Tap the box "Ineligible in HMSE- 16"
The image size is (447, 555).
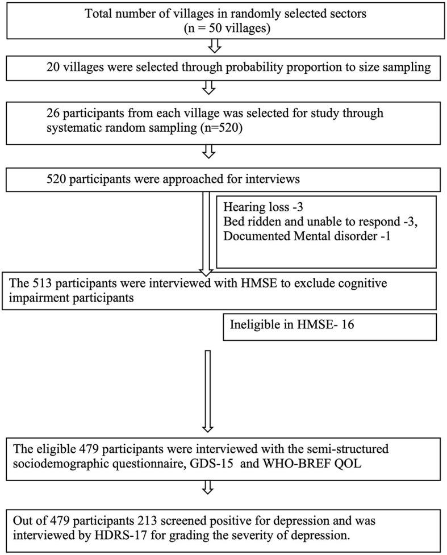(329, 326)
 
